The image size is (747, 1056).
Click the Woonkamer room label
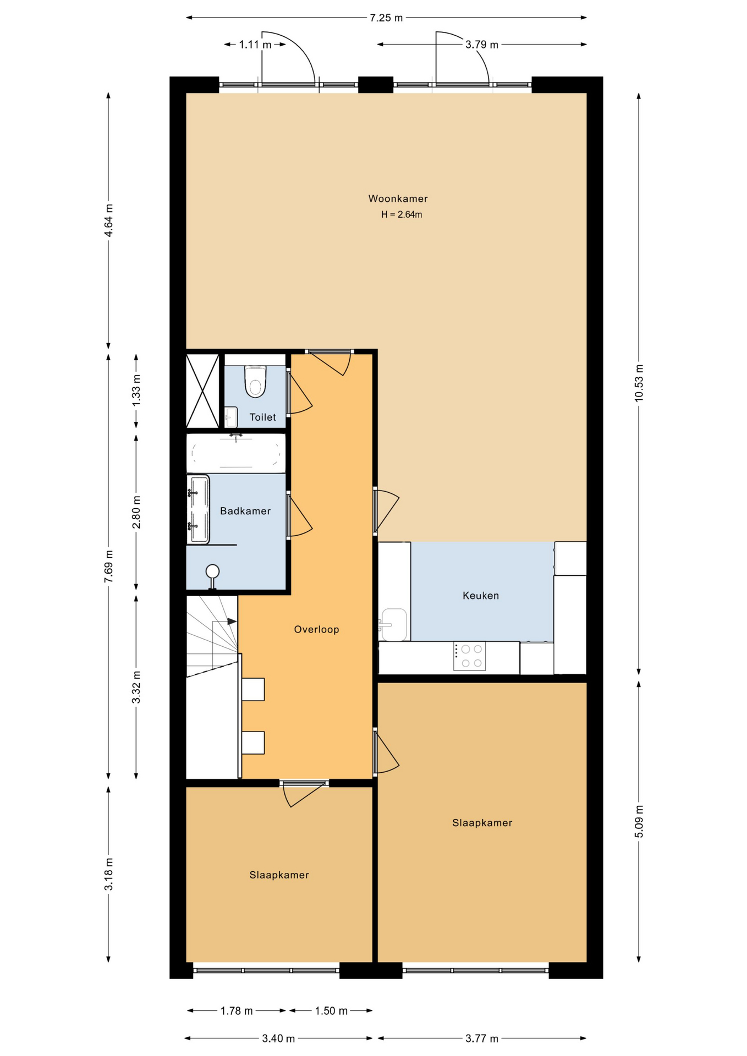(398, 199)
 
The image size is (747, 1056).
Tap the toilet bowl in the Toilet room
(255, 381)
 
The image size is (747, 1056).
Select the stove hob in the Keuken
(469, 656)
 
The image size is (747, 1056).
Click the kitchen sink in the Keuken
(393, 624)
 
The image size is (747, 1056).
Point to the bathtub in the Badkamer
(236, 454)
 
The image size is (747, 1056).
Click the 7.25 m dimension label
(386, 18)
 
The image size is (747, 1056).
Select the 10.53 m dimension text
(639, 383)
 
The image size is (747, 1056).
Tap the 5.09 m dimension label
(639, 821)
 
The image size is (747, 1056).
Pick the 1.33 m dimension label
(136, 391)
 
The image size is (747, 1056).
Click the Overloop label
(316, 629)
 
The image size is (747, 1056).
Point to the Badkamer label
(245, 511)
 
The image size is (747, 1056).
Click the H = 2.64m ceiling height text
(402, 215)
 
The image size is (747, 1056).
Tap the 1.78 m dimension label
(237, 1011)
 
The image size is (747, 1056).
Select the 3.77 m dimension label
(482, 1038)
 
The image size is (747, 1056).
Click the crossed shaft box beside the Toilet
(203, 391)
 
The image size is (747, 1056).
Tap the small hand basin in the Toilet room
(231, 417)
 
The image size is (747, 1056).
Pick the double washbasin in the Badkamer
(198, 509)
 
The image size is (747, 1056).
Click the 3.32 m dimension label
(136, 687)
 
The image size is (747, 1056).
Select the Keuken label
(481, 596)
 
